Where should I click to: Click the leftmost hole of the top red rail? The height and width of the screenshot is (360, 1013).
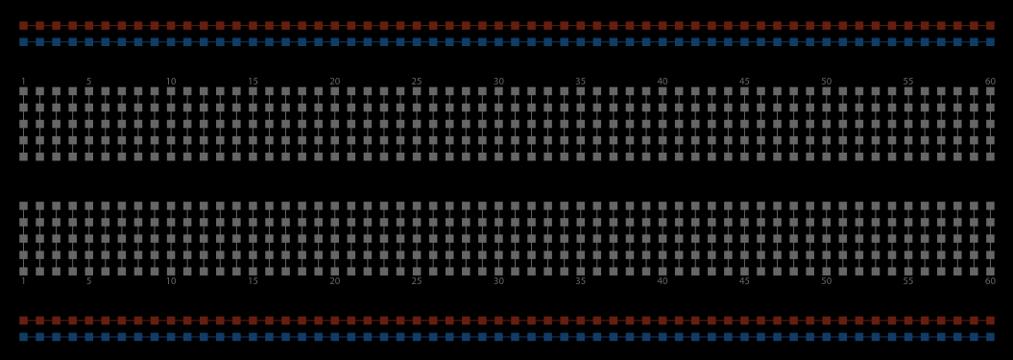point(23,26)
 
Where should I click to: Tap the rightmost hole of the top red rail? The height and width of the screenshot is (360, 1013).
point(990,26)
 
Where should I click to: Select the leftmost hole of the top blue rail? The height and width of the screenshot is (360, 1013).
point(23,42)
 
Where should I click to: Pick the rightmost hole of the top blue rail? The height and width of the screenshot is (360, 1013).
point(990,42)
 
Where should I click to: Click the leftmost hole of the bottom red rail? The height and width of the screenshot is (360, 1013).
point(23,321)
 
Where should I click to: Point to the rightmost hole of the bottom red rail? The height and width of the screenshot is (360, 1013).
point(990,321)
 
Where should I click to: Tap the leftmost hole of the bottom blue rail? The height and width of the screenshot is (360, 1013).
point(23,337)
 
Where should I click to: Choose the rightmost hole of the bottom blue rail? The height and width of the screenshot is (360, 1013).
point(990,337)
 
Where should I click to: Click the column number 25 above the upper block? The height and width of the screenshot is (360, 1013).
point(417,82)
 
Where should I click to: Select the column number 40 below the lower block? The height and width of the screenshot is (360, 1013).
point(663,281)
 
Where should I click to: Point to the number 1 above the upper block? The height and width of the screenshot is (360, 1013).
point(23,82)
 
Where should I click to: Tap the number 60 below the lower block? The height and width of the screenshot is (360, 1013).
point(990,281)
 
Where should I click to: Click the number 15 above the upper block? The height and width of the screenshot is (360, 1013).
point(253,82)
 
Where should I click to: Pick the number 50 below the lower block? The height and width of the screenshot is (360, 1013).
point(827,281)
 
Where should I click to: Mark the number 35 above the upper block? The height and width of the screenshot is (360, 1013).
point(581,82)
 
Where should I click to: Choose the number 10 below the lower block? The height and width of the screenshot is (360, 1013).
point(171,281)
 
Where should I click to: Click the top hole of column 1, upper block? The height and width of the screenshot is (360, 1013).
point(23,91)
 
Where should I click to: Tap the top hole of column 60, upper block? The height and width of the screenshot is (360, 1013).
point(990,91)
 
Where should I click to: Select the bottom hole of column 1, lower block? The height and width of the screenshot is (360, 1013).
point(23,272)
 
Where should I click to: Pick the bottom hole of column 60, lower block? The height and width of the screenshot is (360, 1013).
point(990,272)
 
